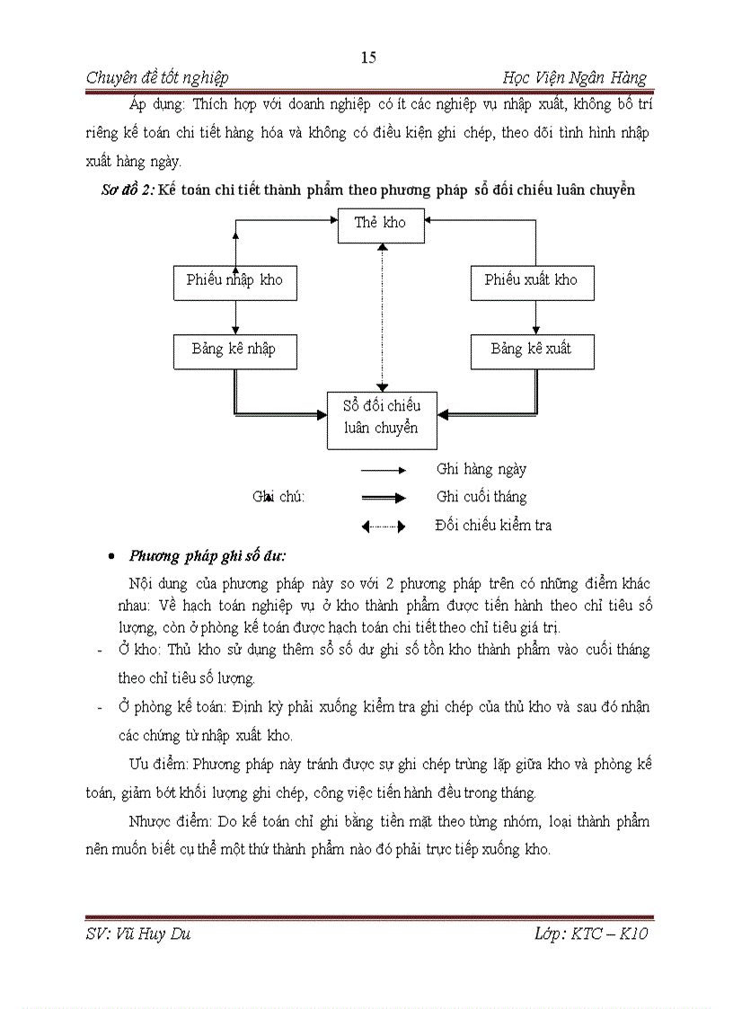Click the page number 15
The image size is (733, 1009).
(x=368, y=58)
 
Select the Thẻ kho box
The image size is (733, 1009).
(x=381, y=223)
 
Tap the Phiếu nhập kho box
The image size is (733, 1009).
(x=234, y=280)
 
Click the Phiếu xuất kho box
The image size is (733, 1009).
(x=532, y=280)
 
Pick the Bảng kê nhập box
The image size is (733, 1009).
(x=234, y=350)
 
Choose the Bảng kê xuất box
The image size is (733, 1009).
(x=532, y=350)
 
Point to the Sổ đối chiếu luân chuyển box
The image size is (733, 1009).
(x=382, y=418)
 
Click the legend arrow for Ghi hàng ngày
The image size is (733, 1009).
(x=384, y=470)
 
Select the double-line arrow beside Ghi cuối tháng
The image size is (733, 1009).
(x=384, y=498)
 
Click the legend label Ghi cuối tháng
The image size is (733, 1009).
(x=481, y=497)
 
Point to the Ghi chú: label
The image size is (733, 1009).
(x=278, y=497)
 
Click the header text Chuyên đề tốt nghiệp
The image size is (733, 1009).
(x=157, y=78)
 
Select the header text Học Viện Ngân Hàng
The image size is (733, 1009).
(x=575, y=78)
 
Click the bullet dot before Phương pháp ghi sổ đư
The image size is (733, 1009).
(x=110, y=556)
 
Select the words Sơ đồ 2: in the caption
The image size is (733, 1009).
(x=127, y=190)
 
